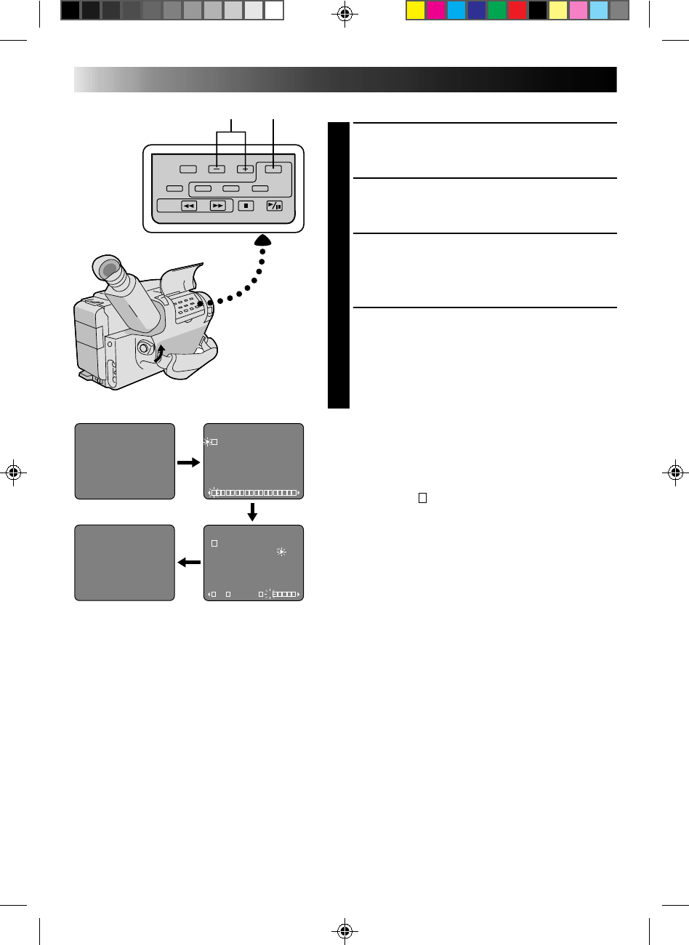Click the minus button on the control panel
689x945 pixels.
tap(217, 169)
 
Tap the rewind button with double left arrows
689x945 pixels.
tap(189, 206)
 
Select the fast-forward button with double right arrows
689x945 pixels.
tap(218, 206)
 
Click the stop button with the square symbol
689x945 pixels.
tap(246, 206)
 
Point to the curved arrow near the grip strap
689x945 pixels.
tap(161, 354)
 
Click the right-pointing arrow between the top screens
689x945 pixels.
tap(189, 462)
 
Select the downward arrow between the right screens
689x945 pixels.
tap(252, 512)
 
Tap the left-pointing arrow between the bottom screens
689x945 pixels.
tap(189, 562)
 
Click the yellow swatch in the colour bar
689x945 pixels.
tap(415, 10)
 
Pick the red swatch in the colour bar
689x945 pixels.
tap(517, 10)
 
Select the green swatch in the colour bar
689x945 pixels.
tap(496, 10)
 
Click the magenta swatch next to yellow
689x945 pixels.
tap(435, 10)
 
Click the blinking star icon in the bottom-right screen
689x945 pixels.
tap(282, 552)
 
